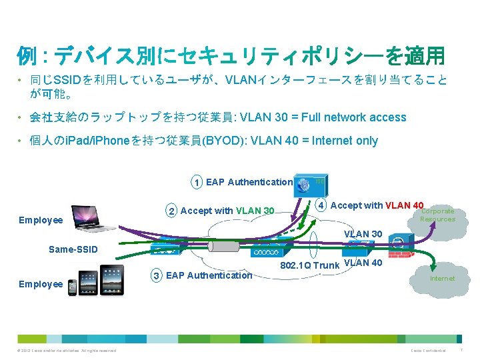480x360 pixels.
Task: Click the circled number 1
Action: point(196,182)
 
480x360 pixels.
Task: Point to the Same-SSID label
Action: point(73,250)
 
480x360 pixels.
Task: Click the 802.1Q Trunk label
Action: point(310,266)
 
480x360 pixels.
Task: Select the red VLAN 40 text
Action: point(404,205)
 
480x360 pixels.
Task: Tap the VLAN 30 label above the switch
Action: point(363,234)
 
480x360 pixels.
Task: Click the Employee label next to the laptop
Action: point(41,220)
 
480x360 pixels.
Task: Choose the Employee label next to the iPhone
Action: point(41,284)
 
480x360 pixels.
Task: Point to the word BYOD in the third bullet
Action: point(217,141)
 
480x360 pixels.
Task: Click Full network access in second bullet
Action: point(353,117)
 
